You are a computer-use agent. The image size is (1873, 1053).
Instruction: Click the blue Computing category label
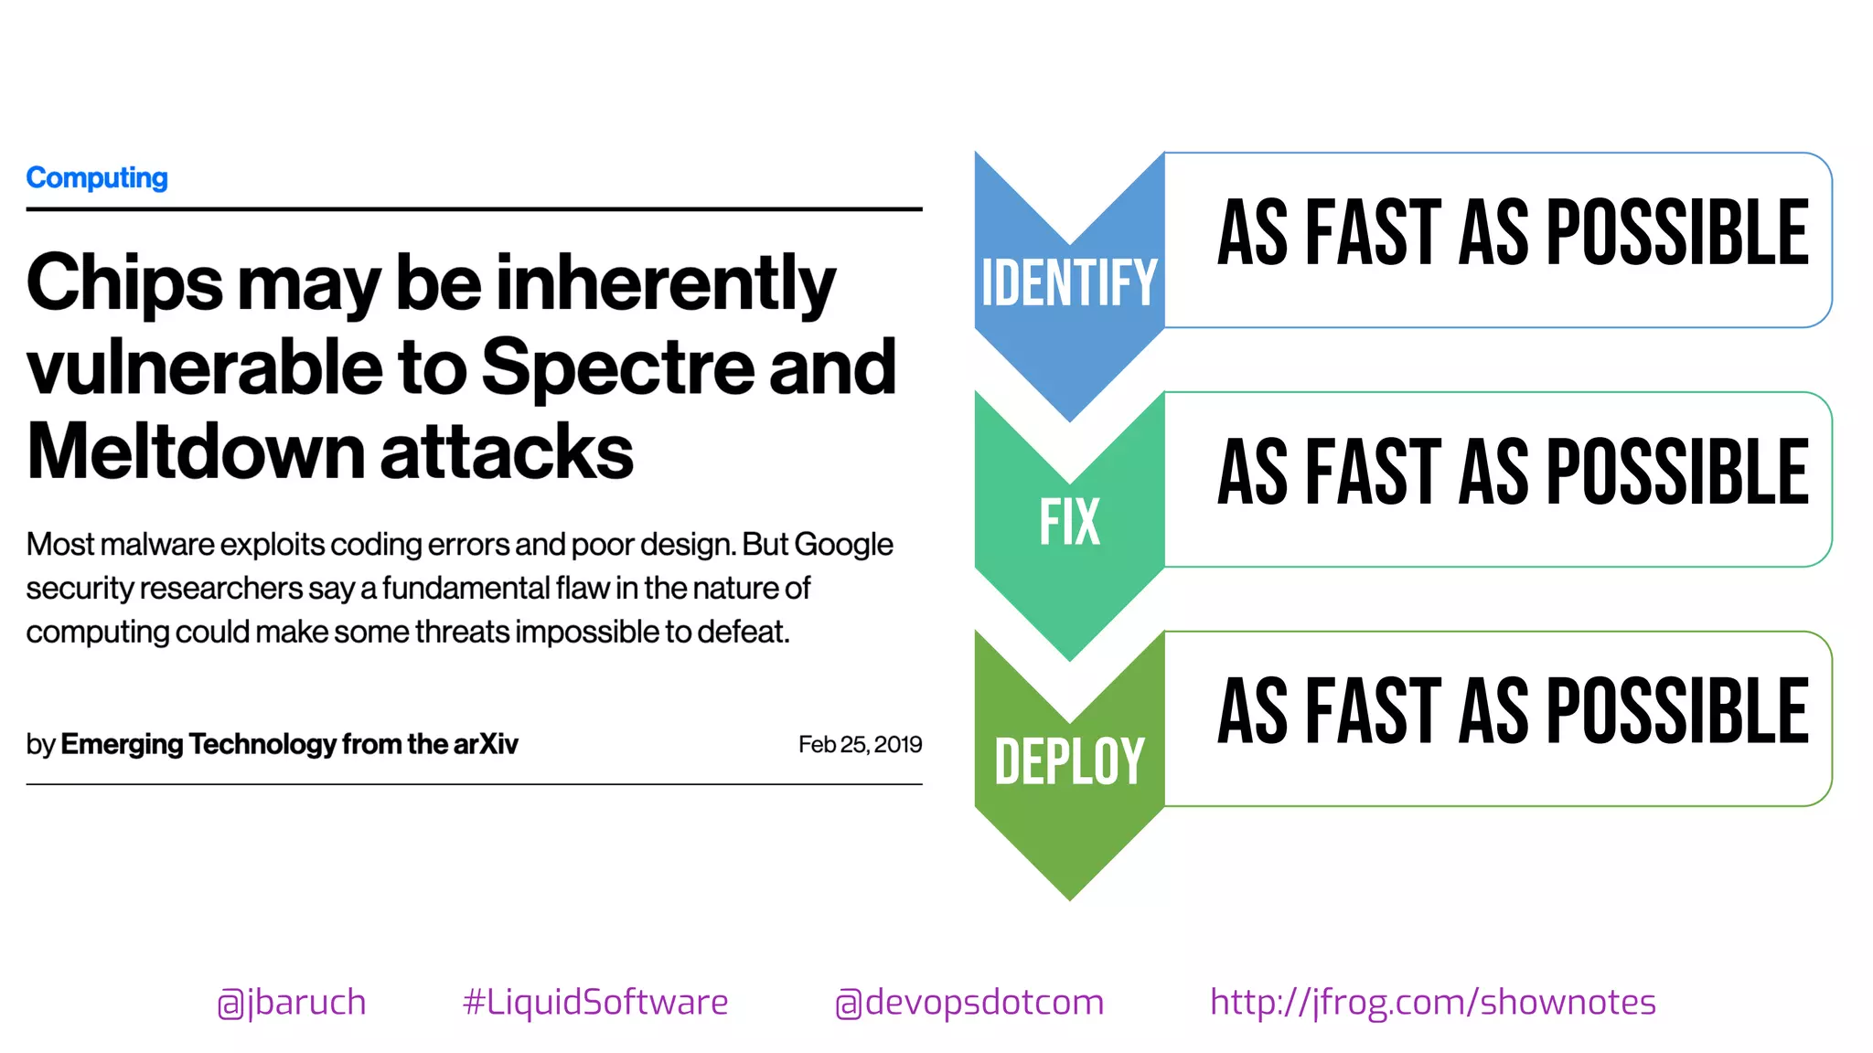click(97, 177)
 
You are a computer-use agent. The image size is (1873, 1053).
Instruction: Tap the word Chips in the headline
click(124, 283)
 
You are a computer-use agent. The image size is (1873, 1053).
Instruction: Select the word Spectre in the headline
click(618, 367)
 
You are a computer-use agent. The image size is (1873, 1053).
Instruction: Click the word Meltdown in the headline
click(196, 452)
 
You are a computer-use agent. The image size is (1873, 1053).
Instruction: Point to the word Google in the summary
click(843, 545)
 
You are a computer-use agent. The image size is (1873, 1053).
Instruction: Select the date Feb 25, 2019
click(860, 744)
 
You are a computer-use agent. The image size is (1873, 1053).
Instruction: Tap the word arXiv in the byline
click(486, 744)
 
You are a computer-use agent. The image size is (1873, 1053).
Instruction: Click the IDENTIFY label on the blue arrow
click(1069, 282)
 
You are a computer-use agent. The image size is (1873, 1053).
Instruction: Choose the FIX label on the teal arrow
click(1069, 522)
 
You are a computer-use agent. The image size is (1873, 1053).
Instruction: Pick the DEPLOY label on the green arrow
click(1069, 761)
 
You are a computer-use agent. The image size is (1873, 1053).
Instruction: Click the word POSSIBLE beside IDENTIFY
click(1677, 233)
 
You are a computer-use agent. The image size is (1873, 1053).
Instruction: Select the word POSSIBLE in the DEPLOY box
click(1677, 711)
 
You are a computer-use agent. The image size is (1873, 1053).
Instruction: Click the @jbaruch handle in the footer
click(292, 1003)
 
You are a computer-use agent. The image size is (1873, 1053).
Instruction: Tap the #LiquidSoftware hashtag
click(595, 1003)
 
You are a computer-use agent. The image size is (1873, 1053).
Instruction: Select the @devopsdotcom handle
click(969, 1003)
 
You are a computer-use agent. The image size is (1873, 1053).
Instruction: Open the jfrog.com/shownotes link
click(1433, 1003)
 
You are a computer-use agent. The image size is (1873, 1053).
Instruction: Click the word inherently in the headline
click(666, 283)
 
